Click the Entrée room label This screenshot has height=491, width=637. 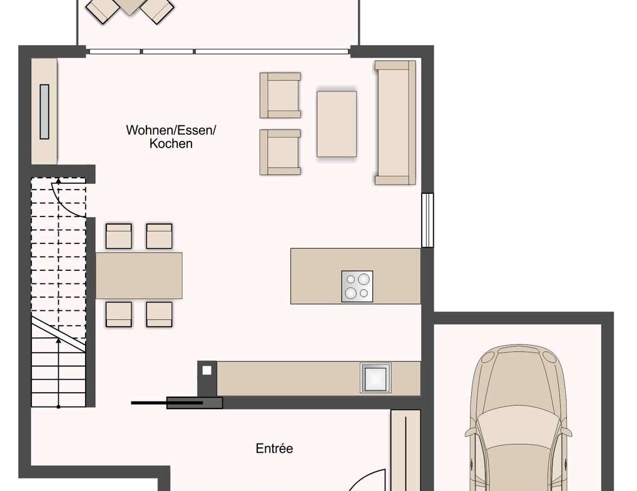(x=274, y=448)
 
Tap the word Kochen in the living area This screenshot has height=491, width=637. (x=171, y=143)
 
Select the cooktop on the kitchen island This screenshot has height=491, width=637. (x=357, y=286)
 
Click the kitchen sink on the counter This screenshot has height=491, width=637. (x=375, y=378)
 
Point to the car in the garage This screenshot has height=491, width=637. (x=518, y=418)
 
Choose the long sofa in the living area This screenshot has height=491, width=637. (x=395, y=123)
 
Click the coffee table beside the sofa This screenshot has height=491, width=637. (x=337, y=124)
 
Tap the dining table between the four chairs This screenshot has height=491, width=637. (x=139, y=275)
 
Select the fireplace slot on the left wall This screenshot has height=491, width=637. (x=44, y=112)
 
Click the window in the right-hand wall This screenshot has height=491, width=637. (x=427, y=220)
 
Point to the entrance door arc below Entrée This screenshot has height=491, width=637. (x=365, y=478)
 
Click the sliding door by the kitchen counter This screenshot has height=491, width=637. (x=176, y=403)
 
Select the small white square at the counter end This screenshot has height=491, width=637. (x=207, y=370)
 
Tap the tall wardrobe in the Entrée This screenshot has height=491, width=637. (x=405, y=450)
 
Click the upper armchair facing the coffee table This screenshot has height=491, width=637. (x=280, y=96)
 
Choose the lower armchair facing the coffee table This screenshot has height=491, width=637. (x=280, y=152)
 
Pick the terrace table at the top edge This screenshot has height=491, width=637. (x=130, y=6)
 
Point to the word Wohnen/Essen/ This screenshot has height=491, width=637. (x=171, y=130)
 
